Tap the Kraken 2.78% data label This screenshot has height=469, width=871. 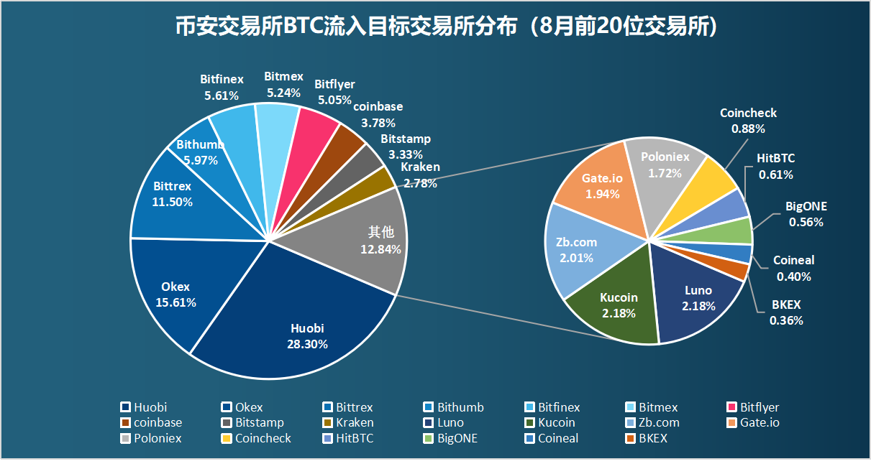[420, 175]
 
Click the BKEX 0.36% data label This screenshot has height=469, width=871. [786, 313]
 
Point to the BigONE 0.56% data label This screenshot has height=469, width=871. [806, 214]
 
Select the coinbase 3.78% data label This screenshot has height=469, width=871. [378, 114]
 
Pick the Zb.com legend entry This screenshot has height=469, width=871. [652, 422]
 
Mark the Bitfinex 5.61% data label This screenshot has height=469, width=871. [222, 87]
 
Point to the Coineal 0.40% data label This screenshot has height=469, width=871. [794, 268]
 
